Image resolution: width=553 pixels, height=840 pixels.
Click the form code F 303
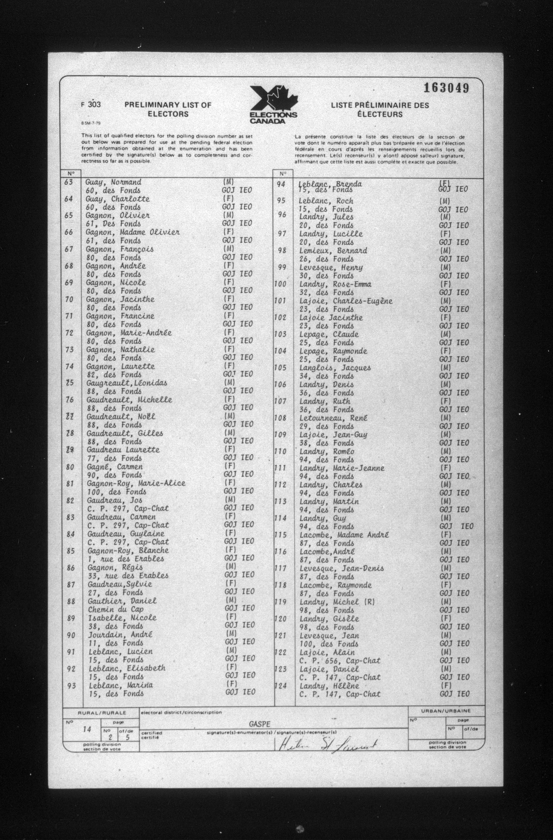point(91,104)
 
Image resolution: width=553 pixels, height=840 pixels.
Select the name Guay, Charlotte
point(117,199)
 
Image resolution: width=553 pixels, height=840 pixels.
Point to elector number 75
point(69,383)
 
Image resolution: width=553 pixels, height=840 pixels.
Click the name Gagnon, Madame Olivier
point(133,233)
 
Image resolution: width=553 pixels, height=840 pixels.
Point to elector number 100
point(280,284)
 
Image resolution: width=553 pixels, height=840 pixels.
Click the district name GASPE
point(259,724)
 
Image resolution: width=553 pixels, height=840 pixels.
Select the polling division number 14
point(87,729)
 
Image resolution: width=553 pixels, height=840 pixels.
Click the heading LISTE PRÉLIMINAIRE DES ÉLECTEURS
point(380,109)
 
